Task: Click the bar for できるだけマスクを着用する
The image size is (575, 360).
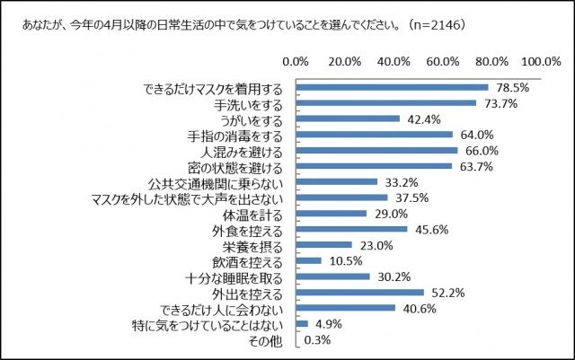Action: click(x=392, y=88)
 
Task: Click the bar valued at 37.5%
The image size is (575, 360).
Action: click(x=342, y=198)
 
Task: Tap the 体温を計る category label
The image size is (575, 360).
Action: click(x=255, y=214)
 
